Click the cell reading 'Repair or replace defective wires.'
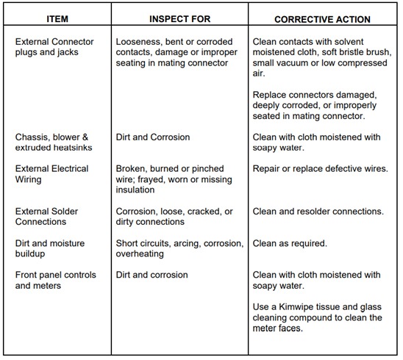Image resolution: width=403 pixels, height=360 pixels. (319, 169)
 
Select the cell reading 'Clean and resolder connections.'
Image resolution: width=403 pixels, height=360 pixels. (318, 212)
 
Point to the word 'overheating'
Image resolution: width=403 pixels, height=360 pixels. (142, 253)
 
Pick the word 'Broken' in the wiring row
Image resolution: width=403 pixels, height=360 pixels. (132, 169)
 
